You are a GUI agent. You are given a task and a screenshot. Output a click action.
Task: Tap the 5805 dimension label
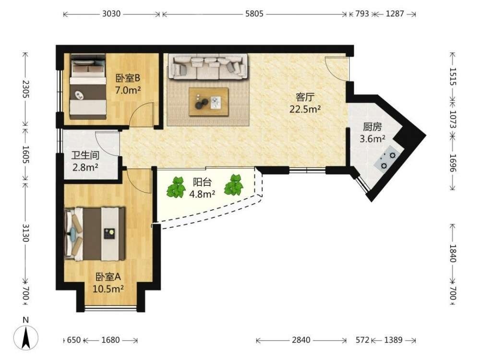tap(254, 14)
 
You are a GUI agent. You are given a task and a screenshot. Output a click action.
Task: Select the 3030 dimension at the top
tap(111, 14)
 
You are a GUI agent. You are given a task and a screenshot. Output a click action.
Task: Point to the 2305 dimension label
tap(25, 89)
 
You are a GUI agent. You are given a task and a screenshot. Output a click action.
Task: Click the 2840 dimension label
tap(301, 340)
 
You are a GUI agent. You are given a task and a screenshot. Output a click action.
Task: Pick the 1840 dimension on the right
tap(453, 253)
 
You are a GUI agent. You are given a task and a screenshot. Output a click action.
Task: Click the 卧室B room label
tap(128, 78)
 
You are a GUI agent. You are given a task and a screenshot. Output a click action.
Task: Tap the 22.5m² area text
tap(305, 109)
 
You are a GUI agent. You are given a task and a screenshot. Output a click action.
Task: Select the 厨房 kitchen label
tap(372, 127)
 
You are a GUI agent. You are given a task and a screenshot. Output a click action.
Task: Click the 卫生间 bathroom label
tap(85, 155)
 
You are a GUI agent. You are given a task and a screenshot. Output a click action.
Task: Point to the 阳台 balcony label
tap(202, 182)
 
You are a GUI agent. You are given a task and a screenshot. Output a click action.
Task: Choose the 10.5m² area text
tap(108, 288)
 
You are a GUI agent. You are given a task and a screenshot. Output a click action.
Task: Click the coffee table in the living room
tap(209, 102)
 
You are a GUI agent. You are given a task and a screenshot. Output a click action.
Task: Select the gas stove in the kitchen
tap(388, 157)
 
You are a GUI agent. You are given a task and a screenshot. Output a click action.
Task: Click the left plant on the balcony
tap(176, 187)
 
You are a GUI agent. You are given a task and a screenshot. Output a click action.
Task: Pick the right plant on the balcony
tap(234, 185)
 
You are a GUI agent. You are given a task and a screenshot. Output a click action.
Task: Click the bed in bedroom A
tap(95, 234)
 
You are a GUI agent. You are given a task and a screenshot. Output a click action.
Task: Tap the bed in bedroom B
tap(88, 86)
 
